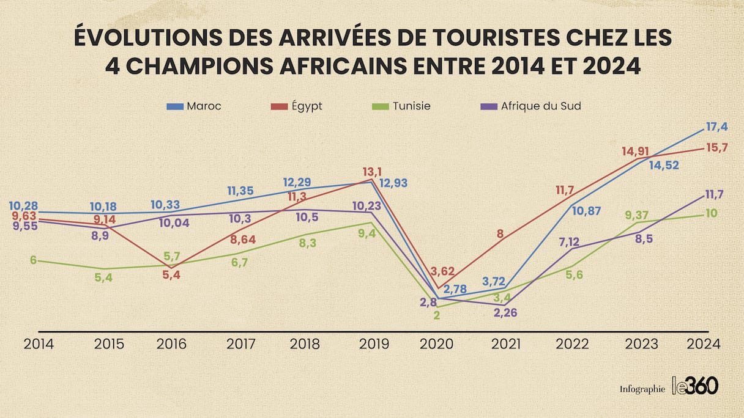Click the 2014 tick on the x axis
point(39,344)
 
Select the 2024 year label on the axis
point(703,344)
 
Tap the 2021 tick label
point(506,344)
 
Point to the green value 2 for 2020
point(437,315)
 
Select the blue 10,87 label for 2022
point(586,211)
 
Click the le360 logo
point(695,386)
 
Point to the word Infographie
point(642,389)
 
